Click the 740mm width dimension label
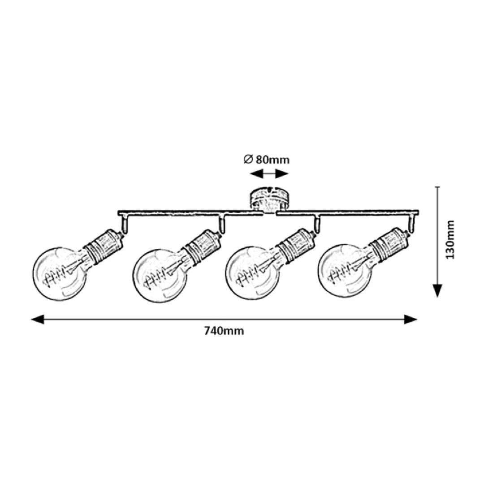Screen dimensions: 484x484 (224, 331)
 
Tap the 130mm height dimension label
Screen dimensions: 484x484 (450, 240)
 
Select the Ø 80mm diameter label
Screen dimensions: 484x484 (267, 160)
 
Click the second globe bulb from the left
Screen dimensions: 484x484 (160, 275)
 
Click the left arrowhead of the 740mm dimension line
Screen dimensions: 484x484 (38, 320)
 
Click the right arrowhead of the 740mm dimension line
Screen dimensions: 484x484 (411, 320)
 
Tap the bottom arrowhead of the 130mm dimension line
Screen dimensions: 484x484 (437, 290)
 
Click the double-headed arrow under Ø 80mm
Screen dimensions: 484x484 (269, 174)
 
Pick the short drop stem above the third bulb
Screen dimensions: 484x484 (317, 223)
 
